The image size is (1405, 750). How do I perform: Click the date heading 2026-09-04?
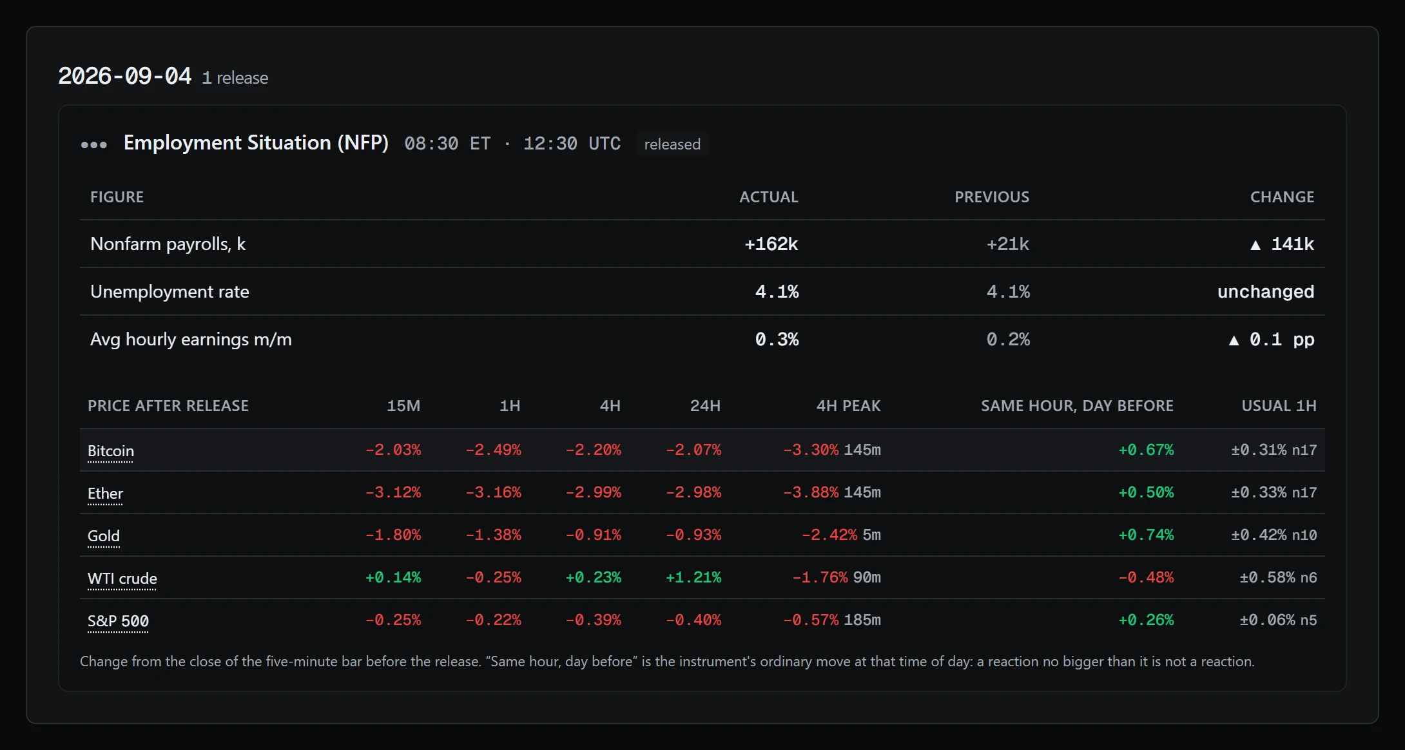[x=125, y=76]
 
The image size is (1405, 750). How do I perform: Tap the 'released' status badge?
[x=672, y=144]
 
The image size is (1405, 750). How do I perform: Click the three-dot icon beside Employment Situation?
[x=94, y=144]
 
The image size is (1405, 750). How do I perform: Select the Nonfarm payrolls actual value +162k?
[x=771, y=244]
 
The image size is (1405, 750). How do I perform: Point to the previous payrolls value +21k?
[x=1008, y=244]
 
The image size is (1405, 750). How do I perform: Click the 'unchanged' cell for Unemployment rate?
[x=1266, y=291]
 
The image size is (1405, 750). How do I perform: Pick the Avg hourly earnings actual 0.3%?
[x=777, y=339]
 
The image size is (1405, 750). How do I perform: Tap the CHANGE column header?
[x=1282, y=197]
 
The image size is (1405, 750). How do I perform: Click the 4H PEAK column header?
[x=848, y=405]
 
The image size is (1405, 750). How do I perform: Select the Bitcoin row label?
[x=111, y=450]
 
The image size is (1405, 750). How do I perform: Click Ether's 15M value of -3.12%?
[x=393, y=492]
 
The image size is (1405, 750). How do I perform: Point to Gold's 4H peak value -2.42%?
[x=829, y=535]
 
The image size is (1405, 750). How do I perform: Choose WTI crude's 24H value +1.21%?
[x=693, y=577]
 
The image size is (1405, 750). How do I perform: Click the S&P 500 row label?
[x=118, y=620]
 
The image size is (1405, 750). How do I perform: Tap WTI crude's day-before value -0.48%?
[x=1146, y=577]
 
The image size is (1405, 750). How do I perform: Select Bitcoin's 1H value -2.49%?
[x=493, y=450]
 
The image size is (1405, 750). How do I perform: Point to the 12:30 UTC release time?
[x=572, y=143]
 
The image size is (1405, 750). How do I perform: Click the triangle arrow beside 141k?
[x=1255, y=245]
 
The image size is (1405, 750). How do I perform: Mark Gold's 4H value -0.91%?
[x=594, y=535]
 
